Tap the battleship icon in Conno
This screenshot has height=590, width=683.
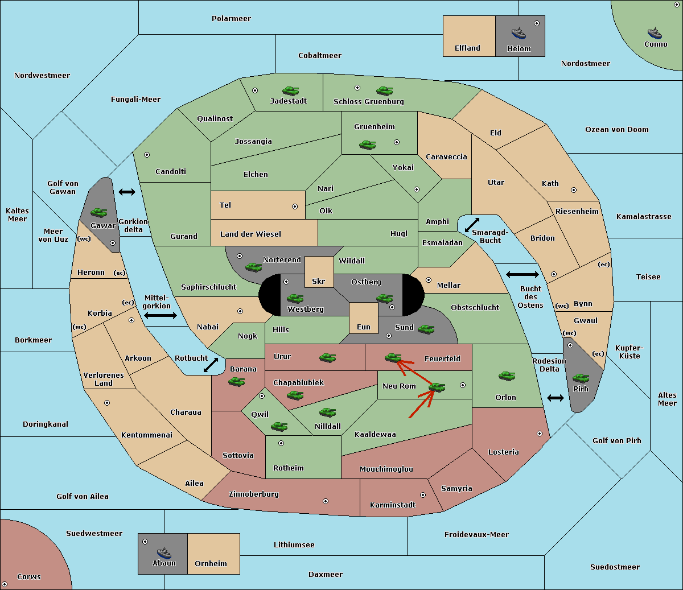pyautogui.click(x=655, y=33)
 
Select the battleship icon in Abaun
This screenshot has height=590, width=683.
pyautogui.click(x=164, y=552)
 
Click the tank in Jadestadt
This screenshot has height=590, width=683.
pyautogui.click(x=291, y=90)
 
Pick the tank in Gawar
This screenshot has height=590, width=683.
pyautogui.click(x=99, y=212)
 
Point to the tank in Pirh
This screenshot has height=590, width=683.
pyautogui.click(x=581, y=378)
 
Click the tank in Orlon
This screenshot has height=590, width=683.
pyautogui.click(x=507, y=376)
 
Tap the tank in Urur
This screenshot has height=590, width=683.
pyautogui.click(x=327, y=358)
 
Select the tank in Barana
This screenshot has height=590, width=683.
pyautogui.click(x=237, y=382)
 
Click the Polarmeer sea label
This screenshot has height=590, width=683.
pyautogui.click(x=231, y=19)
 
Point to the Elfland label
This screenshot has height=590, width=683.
pyautogui.click(x=467, y=48)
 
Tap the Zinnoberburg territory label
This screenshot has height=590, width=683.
pyautogui.click(x=254, y=494)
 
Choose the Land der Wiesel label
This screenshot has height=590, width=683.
pyautogui.click(x=250, y=234)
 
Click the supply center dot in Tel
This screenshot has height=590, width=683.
pyautogui.click(x=295, y=207)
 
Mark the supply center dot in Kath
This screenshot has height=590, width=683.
pyautogui.click(x=574, y=190)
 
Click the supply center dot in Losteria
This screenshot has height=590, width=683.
pyautogui.click(x=539, y=434)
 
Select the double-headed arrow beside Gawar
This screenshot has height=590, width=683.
pyautogui.click(x=127, y=192)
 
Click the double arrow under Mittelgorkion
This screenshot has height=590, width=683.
pyautogui.click(x=161, y=315)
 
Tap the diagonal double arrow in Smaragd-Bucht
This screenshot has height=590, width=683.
pyautogui.click(x=472, y=225)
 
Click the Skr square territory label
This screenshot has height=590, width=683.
pyautogui.click(x=319, y=281)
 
